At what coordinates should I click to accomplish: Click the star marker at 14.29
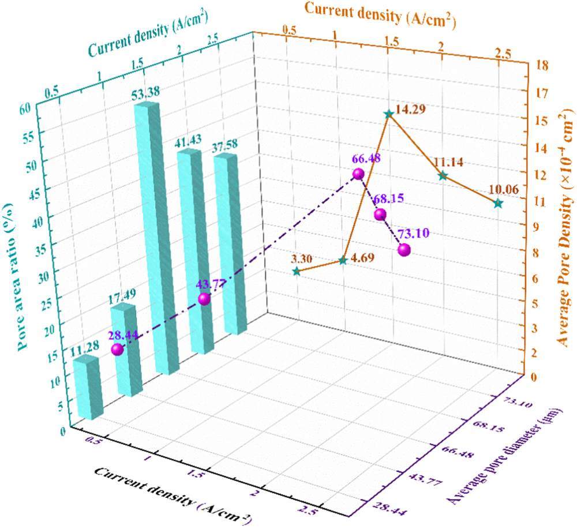(389, 114)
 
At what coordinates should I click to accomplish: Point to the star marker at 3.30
(297, 271)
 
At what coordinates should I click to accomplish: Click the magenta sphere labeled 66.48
(358, 174)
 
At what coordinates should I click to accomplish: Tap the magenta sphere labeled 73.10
(404, 250)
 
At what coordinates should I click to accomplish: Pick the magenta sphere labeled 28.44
(118, 350)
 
